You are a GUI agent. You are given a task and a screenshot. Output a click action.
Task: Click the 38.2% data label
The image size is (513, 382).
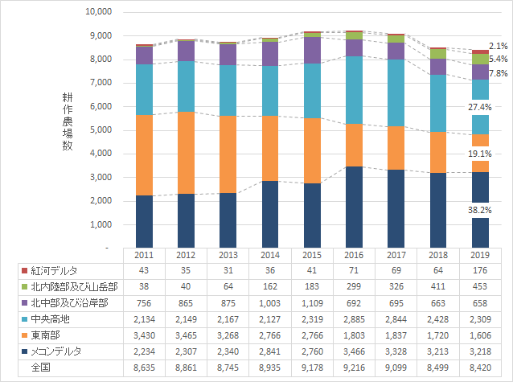[x=480, y=208]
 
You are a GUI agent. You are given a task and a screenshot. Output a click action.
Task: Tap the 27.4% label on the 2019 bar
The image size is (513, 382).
[x=480, y=107]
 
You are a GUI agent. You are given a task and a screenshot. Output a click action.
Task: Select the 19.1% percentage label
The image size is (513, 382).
[x=480, y=154]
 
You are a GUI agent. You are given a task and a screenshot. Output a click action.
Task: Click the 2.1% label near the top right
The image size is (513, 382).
[x=498, y=47]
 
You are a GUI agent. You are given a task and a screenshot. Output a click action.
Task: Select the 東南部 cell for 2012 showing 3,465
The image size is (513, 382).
[x=186, y=335]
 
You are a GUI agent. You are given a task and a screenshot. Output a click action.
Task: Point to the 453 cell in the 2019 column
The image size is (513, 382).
[x=480, y=287]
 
